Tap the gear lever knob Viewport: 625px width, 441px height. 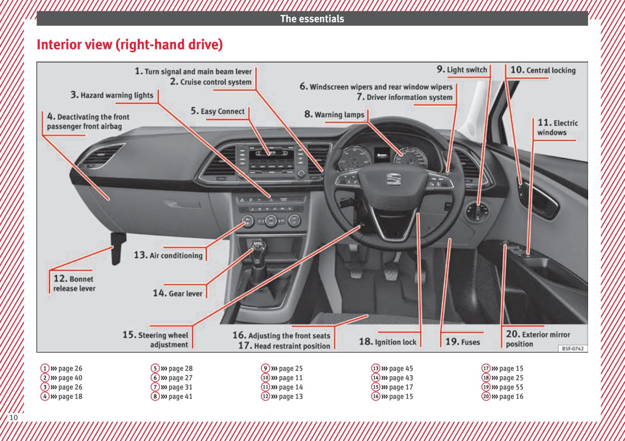(x=258, y=246)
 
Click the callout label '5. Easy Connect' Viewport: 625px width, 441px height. (x=218, y=112)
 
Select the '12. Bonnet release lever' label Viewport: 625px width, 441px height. (x=73, y=284)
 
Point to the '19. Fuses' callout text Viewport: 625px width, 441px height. (x=462, y=342)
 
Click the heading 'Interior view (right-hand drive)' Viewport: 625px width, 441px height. (x=129, y=45)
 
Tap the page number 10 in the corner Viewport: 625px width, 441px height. (x=14, y=417)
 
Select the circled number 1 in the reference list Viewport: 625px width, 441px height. (x=45, y=369)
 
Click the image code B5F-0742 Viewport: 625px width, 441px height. (x=572, y=349)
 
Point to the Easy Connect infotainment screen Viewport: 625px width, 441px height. (x=267, y=160)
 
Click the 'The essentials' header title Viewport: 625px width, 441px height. (x=312, y=19)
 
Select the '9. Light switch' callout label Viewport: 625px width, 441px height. (x=462, y=70)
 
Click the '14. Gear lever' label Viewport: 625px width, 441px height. (x=177, y=294)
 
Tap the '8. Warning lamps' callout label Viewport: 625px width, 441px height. (x=334, y=115)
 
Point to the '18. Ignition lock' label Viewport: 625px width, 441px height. (x=387, y=342)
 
